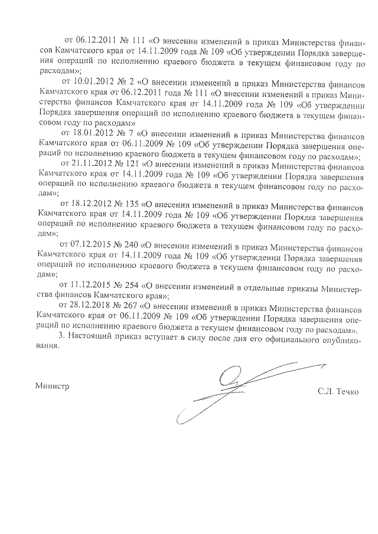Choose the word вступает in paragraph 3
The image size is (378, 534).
tap(167, 336)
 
